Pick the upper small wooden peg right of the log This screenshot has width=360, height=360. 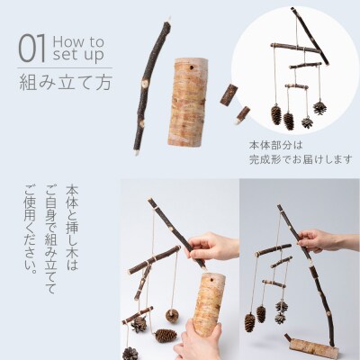(229, 94)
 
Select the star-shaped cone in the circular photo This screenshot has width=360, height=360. (307, 121)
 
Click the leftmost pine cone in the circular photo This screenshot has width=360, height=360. (276, 114)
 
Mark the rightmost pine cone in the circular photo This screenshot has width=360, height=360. (319, 106)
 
